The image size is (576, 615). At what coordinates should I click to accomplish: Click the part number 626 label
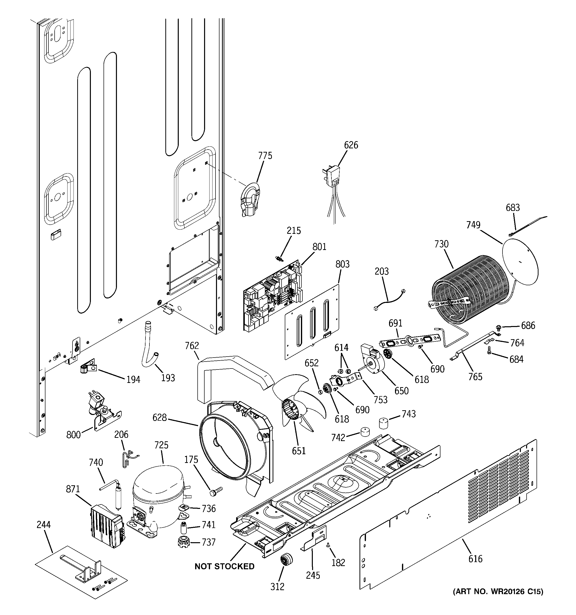click(x=351, y=145)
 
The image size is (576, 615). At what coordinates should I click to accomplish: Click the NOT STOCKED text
click(x=224, y=566)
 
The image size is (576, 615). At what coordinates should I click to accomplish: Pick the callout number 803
click(x=342, y=264)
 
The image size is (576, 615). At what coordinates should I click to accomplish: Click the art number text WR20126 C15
click(x=498, y=591)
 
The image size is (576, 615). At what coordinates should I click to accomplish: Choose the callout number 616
click(x=475, y=558)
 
